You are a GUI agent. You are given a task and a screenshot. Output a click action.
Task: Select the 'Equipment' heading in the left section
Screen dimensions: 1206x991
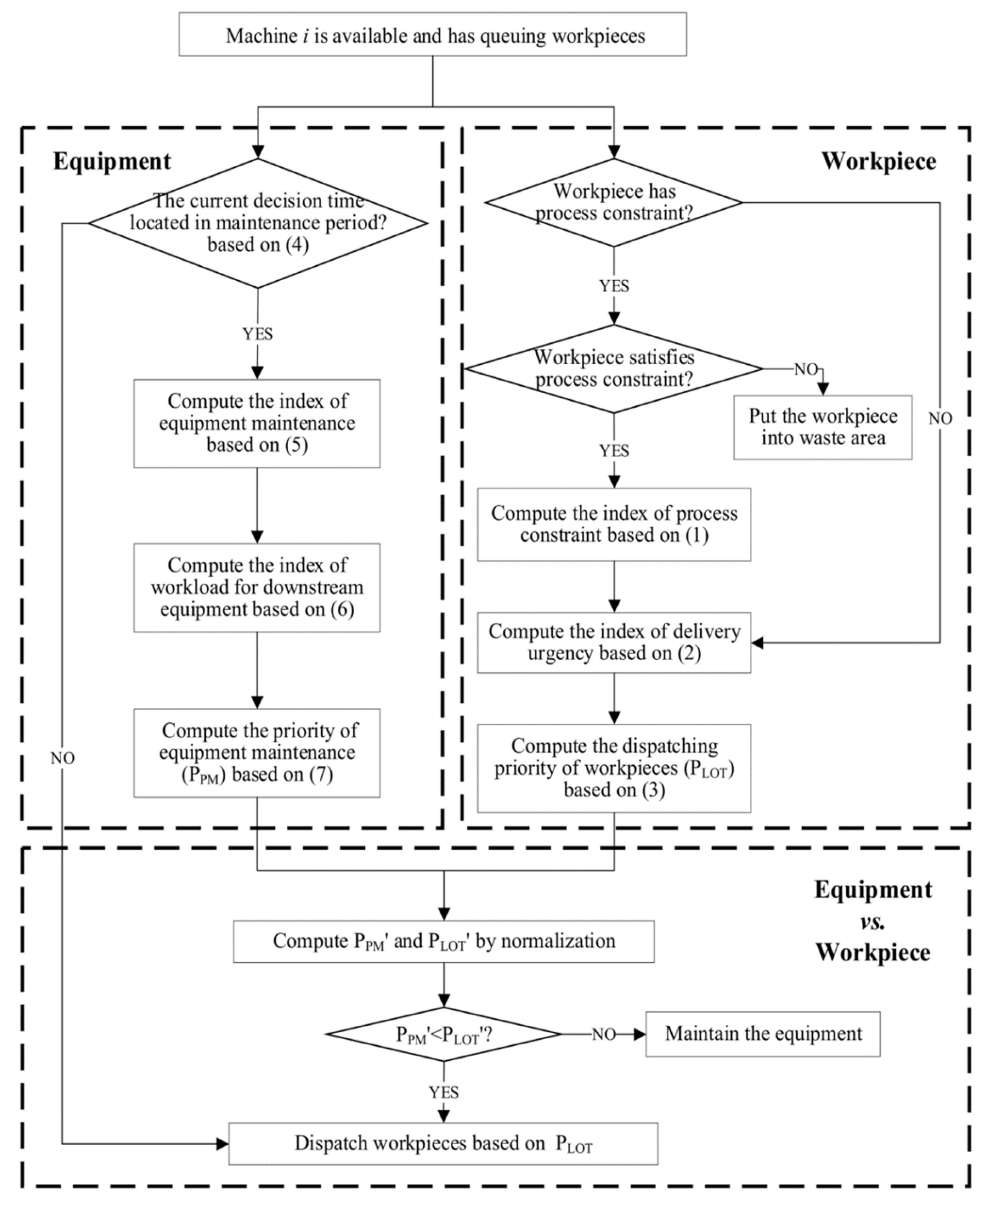tap(112, 162)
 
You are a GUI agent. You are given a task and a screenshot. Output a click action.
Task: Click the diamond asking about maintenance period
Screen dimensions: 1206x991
tap(258, 223)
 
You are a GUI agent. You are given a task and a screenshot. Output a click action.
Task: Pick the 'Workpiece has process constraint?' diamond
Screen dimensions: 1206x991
tap(614, 203)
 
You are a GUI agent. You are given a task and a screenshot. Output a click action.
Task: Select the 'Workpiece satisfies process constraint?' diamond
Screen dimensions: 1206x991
tap(614, 369)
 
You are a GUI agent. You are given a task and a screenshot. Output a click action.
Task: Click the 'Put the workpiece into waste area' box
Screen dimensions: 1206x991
tap(823, 427)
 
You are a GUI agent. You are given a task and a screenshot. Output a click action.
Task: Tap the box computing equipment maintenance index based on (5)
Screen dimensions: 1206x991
tap(257, 424)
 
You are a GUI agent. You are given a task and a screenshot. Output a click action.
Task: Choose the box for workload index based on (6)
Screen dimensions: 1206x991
tap(257, 587)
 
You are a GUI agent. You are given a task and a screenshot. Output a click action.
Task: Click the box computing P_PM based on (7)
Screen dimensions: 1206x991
tap(257, 753)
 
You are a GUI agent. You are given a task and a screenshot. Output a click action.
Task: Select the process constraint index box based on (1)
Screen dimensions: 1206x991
tap(614, 524)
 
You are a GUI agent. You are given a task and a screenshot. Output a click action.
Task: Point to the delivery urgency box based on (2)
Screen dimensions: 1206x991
tap(614, 642)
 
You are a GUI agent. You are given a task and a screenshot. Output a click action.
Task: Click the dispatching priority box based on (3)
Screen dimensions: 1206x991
tap(614, 768)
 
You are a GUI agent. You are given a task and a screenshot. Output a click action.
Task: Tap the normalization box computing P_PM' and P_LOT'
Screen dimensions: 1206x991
tap(444, 941)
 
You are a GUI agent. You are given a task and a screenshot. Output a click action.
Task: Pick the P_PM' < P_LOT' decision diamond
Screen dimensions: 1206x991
tap(444, 1034)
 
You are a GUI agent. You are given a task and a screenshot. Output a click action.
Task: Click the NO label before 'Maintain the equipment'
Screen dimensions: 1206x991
tap(603, 1035)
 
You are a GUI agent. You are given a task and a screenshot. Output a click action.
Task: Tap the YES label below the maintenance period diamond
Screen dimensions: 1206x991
tap(258, 334)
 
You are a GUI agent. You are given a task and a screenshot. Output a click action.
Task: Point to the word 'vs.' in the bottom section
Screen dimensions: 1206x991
tap(872, 921)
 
